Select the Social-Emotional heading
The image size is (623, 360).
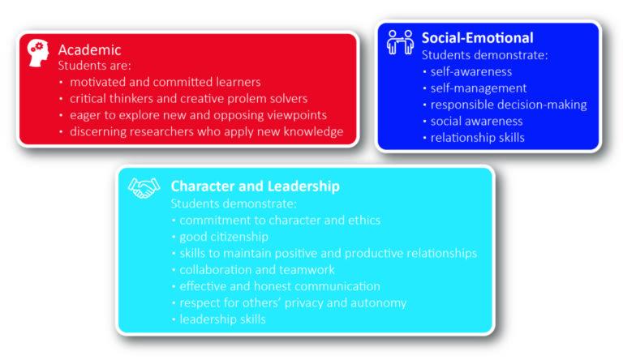click(x=477, y=38)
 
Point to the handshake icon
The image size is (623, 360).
click(x=144, y=187)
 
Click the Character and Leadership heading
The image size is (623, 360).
click(x=255, y=186)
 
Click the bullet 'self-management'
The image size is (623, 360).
click(x=478, y=88)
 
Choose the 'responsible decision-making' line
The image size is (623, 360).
click(x=508, y=105)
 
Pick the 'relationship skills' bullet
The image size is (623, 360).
click(x=477, y=137)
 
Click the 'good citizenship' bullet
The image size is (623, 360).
click(x=224, y=236)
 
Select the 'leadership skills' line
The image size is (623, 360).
click(x=222, y=319)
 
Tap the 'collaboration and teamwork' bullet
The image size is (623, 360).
click(x=256, y=269)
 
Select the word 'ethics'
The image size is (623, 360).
click(x=363, y=220)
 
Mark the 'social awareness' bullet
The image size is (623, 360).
click(x=476, y=121)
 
